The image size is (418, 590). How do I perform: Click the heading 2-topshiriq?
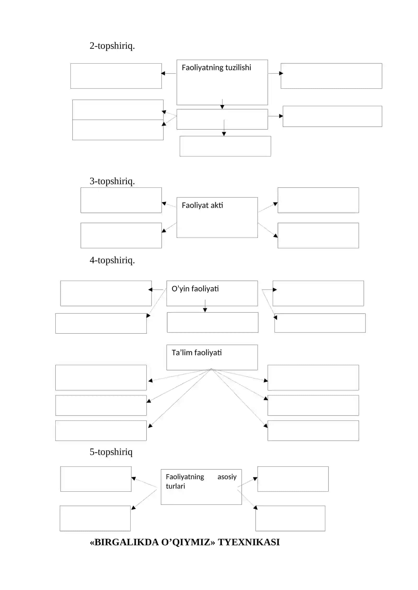112,46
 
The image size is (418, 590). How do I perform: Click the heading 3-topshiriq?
112,181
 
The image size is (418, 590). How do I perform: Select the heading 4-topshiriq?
112,260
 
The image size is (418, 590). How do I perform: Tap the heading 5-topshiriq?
111,452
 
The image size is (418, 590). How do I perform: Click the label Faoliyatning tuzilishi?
216,68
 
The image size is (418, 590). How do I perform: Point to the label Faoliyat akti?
202,205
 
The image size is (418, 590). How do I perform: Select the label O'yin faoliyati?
195,289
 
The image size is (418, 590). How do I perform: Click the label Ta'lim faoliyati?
196,353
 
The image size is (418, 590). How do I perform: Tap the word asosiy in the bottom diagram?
227,477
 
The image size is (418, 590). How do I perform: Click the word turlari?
175,486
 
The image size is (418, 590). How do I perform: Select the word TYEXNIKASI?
249,542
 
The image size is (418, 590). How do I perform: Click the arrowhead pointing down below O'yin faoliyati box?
205,310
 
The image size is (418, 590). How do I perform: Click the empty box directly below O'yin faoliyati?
213,322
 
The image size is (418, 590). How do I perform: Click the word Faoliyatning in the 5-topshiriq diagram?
185,477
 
